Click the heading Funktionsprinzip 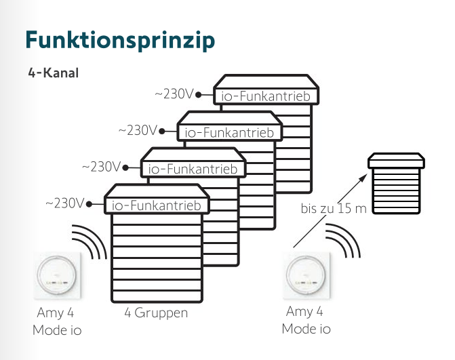coord(120,39)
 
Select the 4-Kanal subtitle coord(54,73)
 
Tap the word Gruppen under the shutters coord(161,313)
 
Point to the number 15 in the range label coord(344,208)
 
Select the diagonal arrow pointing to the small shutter coord(330,209)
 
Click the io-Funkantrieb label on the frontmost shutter coord(157,205)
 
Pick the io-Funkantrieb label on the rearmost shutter coord(266,96)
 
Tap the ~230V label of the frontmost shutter coord(64,203)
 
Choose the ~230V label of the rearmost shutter coord(174,94)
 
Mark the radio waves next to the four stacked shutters coord(90,241)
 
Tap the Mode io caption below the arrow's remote coord(306,329)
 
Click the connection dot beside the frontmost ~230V coord(88,203)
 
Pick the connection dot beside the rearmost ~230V coord(198,94)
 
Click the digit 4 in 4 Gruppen coord(127,313)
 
